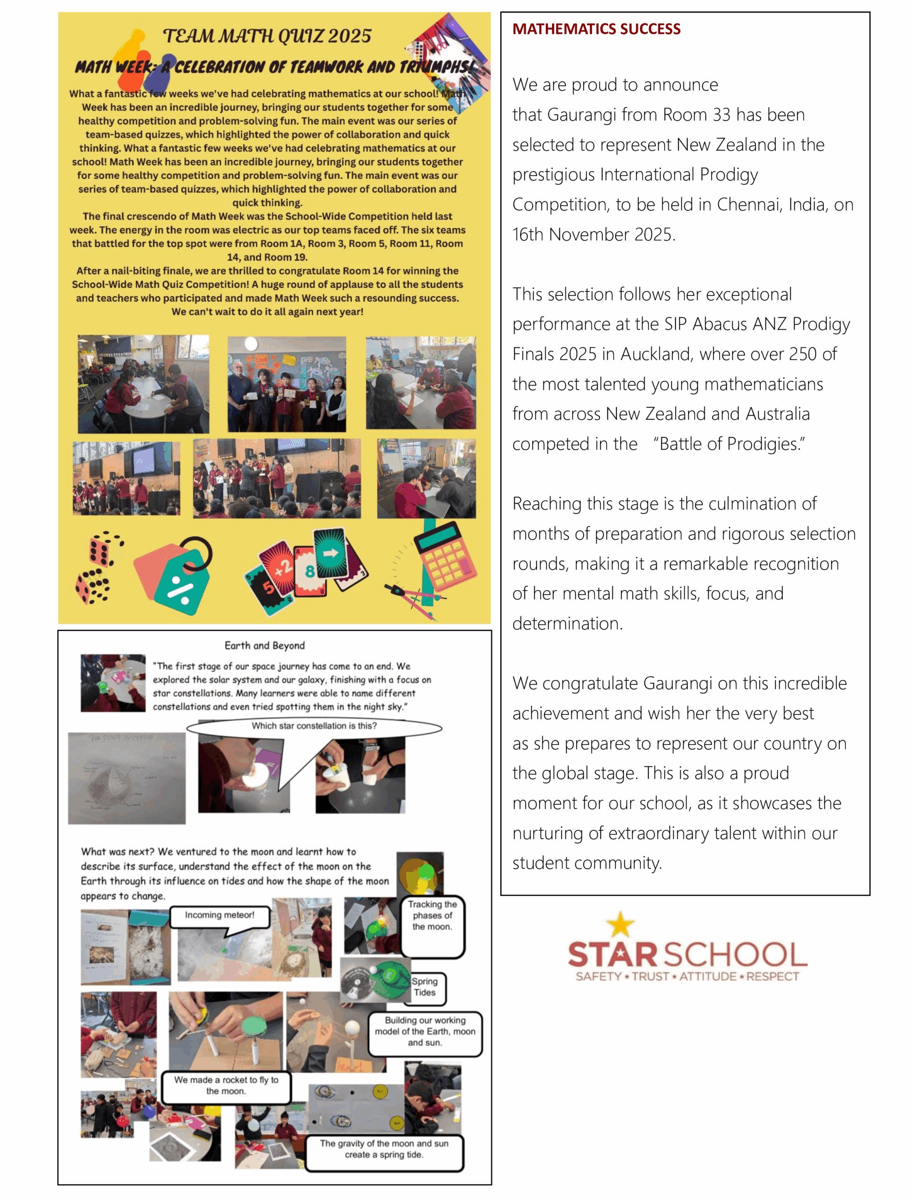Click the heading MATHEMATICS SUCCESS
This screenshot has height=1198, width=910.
[x=596, y=29]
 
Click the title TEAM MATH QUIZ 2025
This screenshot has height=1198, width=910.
[x=267, y=37]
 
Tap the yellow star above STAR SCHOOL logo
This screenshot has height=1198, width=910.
[x=620, y=924]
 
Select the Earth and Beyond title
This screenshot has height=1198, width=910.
[x=264, y=646]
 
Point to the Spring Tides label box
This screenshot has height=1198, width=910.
[x=425, y=987]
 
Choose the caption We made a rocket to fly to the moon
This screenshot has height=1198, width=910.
[x=226, y=1085]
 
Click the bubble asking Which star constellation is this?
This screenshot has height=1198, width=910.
[x=314, y=726]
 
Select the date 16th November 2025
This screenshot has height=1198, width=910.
[x=594, y=234]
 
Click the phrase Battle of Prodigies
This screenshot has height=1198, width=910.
[x=728, y=444]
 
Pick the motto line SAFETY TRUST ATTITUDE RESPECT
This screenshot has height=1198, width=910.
[x=687, y=977]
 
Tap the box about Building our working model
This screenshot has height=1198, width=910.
[x=425, y=1031]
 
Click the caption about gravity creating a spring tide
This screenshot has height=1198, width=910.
[x=384, y=1149]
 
